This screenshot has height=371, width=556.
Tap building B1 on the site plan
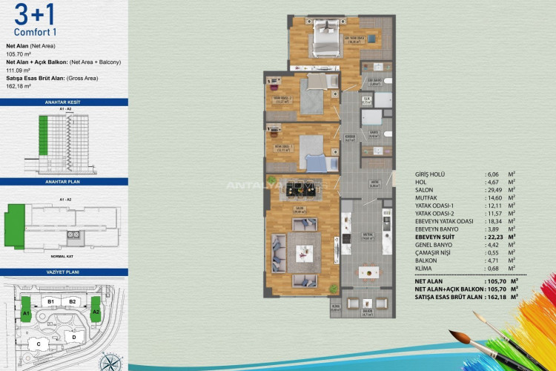tap(52, 302)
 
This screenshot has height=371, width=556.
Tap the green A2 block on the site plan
tap(96, 313)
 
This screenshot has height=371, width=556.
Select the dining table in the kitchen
tap(368, 272)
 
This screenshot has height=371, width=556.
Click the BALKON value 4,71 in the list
tap(486, 272)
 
